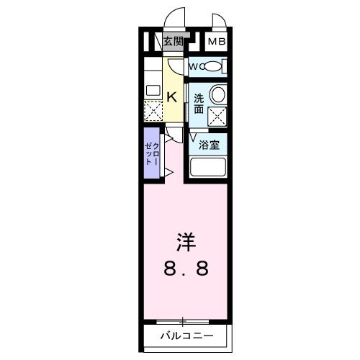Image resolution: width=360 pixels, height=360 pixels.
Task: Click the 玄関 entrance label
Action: click(174, 42)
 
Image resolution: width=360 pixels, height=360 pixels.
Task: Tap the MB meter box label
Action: click(217, 42)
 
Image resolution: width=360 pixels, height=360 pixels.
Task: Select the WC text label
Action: click(196, 67)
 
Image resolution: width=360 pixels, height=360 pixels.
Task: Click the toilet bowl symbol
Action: click(213, 67)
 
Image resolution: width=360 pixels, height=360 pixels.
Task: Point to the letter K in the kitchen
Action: click(173, 96)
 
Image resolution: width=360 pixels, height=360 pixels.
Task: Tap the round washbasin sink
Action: click(217, 95)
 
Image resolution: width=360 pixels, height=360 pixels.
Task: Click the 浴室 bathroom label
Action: click(210, 144)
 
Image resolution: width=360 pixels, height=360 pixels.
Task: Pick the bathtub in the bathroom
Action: click(209, 169)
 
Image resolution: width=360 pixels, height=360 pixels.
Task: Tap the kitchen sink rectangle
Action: click(153, 91)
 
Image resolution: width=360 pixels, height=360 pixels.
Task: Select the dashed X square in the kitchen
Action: click(153, 111)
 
